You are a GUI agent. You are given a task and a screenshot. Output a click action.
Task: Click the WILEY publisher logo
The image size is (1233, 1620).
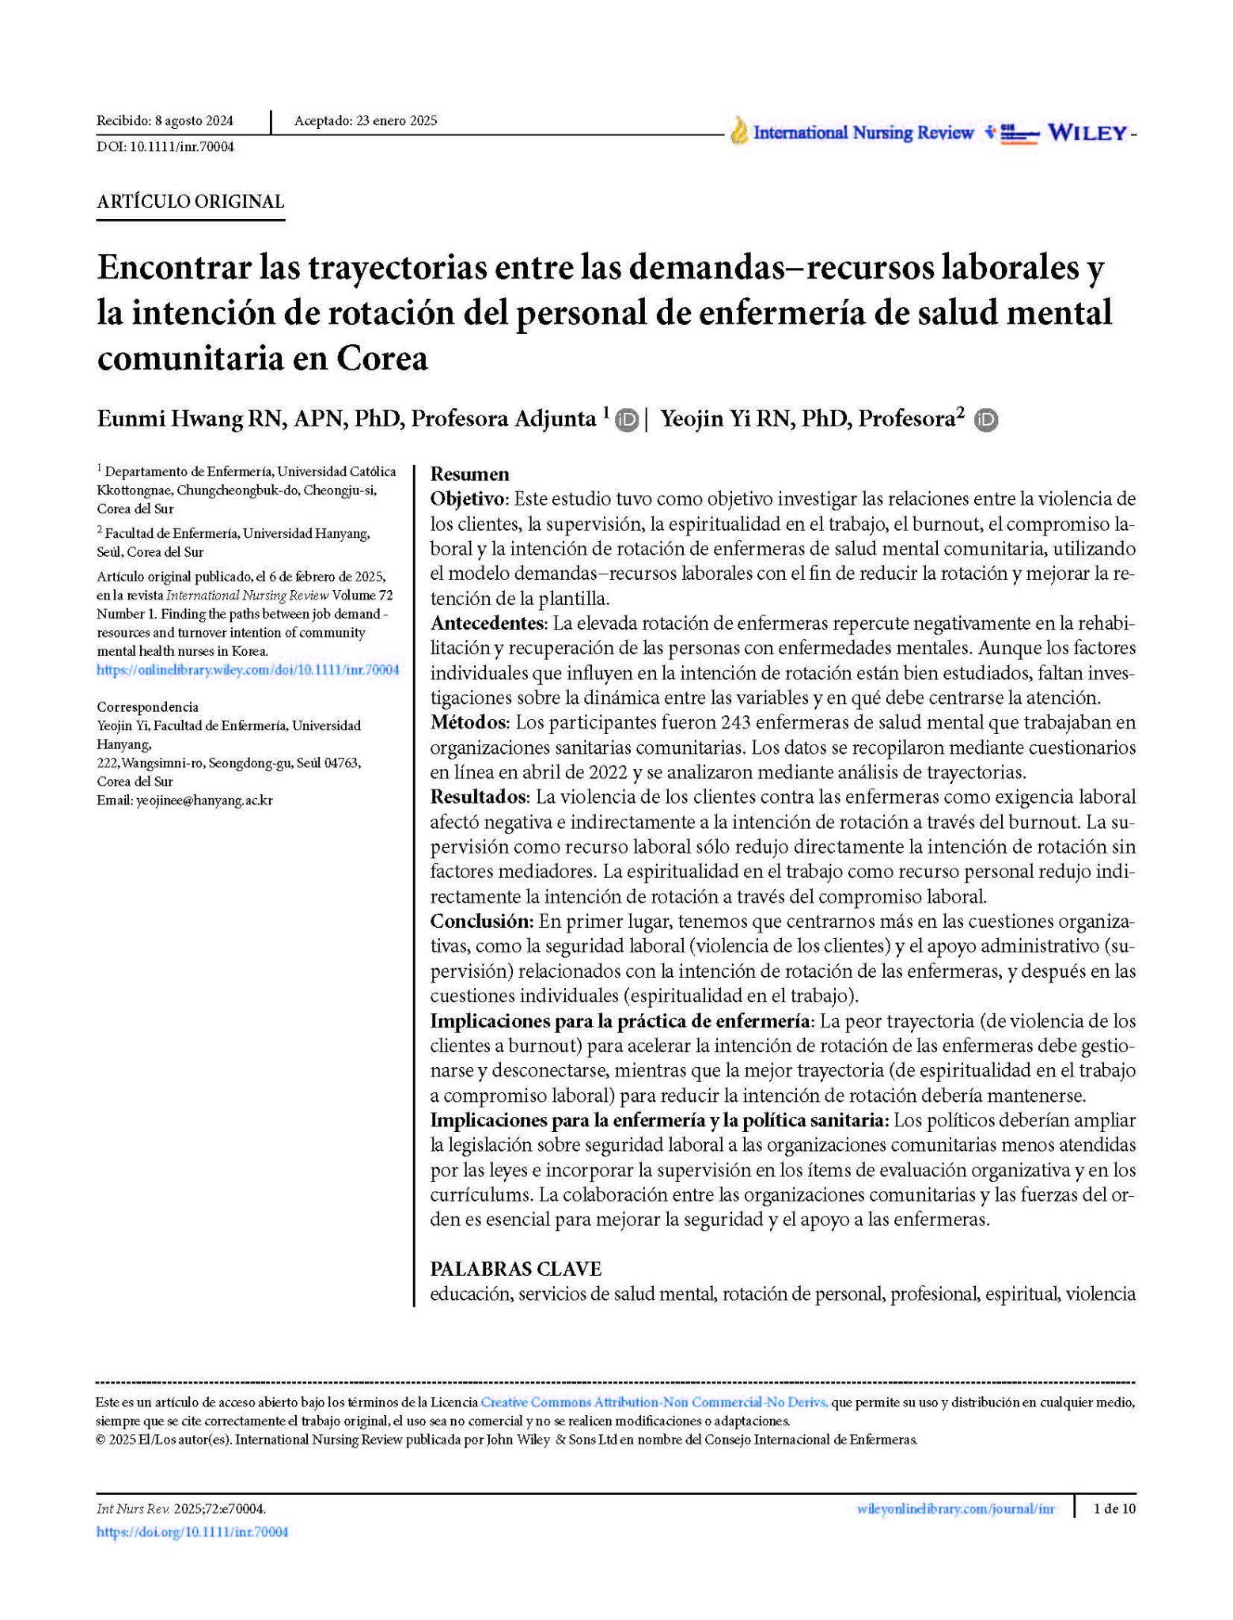tap(1087, 133)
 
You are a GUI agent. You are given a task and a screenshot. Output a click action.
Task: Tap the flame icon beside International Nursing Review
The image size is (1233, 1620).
tap(738, 131)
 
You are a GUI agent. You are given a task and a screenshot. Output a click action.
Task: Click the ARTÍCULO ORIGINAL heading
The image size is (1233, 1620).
tap(190, 202)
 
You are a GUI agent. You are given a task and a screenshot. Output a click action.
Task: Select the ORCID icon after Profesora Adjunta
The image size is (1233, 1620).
tap(627, 420)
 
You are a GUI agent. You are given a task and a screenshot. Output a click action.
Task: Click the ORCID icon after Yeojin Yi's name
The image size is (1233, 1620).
tap(986, 420)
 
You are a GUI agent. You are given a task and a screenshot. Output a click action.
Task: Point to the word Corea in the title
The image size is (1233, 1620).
tap(382, 358)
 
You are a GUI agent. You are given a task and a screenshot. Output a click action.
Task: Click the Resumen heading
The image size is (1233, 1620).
tap(469, 474)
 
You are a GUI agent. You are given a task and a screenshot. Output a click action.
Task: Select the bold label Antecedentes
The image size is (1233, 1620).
tap(488, 623)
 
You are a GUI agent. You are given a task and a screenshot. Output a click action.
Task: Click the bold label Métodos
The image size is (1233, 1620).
tap(469, 722)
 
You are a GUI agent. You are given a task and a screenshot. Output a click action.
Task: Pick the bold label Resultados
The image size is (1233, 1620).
tap(478, 797)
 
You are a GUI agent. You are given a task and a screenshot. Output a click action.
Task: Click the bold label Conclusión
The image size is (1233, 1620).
tap(480, 921)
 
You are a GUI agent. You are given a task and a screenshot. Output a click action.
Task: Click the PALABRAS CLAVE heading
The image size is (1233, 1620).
tap(515, 1269)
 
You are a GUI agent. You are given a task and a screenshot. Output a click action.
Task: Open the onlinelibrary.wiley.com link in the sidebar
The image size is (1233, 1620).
tap(248, 670)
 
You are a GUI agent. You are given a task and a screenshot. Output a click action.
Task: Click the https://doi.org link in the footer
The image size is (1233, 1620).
tap(192, 1532)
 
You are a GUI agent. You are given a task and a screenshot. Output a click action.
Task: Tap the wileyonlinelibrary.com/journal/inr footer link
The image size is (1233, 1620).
tap(955, 1508)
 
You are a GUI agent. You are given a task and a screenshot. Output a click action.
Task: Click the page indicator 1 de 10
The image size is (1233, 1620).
tap(1113, 1508)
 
